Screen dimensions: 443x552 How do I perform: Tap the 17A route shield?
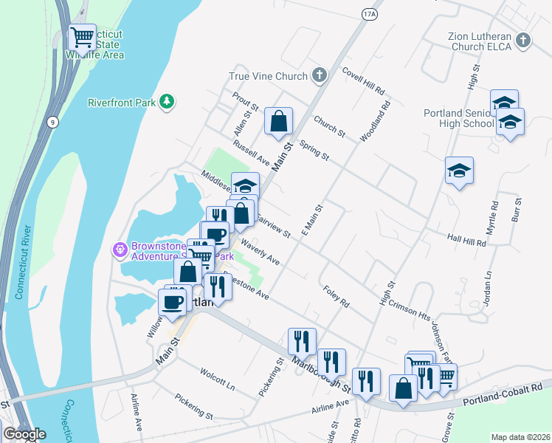(370, 14)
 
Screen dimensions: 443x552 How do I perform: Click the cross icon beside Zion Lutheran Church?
(523, 41)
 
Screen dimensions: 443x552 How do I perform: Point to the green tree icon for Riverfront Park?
(168, 101)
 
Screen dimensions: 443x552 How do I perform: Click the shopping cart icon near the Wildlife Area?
(82, 36)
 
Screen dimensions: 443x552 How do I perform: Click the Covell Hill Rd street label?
(364, 80)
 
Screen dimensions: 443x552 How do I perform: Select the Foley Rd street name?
(335, 295)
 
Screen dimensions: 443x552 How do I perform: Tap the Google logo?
(24, 434)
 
